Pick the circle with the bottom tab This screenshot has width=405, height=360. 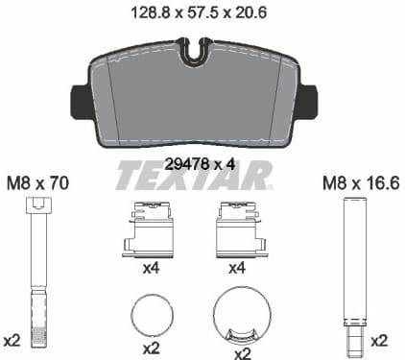240,316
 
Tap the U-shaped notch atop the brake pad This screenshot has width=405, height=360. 197,51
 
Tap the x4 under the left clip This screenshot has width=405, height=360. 150,269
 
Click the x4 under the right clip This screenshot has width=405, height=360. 236,269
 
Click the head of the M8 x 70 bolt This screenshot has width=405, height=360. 37,204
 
